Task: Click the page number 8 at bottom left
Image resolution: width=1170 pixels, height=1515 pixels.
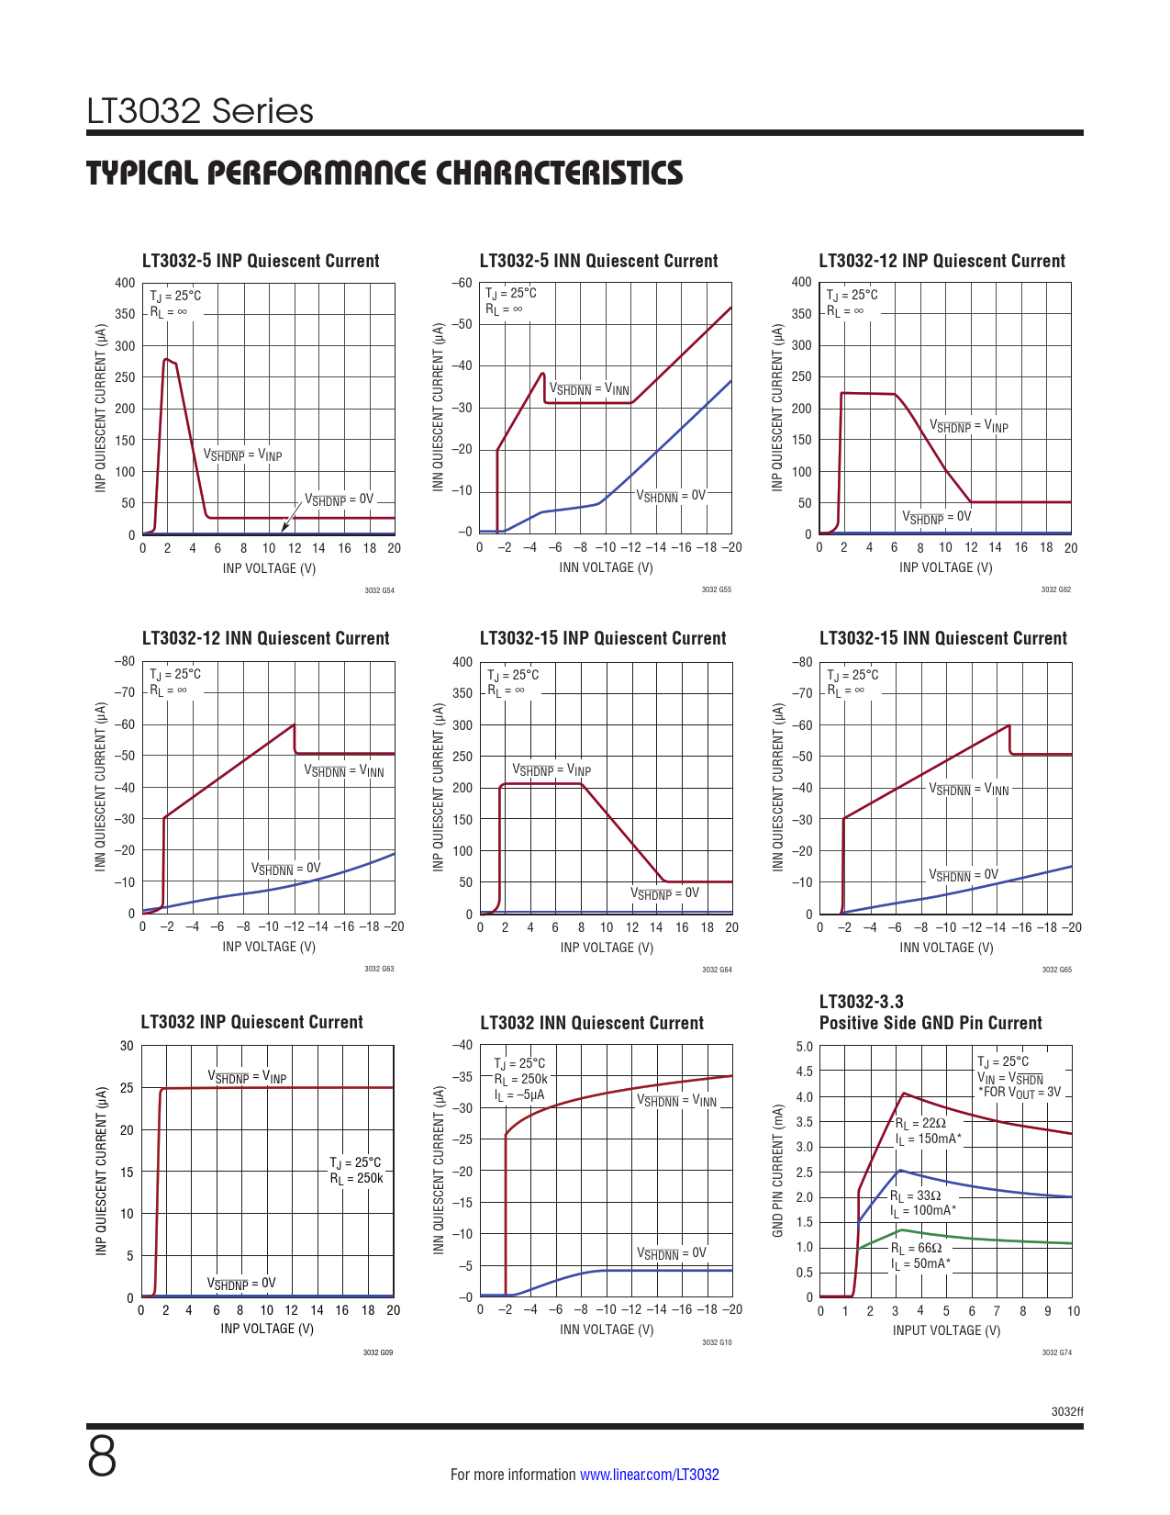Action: coord(102,1457)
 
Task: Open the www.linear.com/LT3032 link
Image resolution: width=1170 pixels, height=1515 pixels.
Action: coord(649,1475)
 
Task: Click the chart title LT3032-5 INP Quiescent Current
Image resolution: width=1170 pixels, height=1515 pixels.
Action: coord(261,261)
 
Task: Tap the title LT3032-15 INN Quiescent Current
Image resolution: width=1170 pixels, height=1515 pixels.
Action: coord(942,638)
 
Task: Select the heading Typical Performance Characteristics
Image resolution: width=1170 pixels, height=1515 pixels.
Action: coord(384,173)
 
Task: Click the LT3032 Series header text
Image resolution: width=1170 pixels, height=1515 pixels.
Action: coord(200,111)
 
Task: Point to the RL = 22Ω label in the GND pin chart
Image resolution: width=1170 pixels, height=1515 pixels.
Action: coord(920,1123)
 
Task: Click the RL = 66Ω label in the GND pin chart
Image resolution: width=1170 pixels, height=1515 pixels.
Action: coord(917,1248)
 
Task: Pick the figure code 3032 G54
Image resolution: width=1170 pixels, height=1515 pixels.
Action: coord(379,590)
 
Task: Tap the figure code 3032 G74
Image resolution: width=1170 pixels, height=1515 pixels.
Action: coord(1056,1352)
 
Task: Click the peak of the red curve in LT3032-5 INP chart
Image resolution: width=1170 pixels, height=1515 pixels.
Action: coord(165,359)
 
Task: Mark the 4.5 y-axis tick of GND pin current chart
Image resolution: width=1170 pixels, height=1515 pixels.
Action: coord(804,1072)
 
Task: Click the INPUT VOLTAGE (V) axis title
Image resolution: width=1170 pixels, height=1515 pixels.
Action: coord(946,1330)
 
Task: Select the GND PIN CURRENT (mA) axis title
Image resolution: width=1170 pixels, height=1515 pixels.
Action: coord(778,1171)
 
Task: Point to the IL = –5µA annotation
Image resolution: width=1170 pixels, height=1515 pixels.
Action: coord(519,1094)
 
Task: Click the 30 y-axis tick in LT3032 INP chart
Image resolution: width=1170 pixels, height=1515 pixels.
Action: coord(127,1046)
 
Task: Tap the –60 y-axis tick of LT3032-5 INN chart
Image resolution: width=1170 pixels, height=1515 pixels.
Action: coord(462,283)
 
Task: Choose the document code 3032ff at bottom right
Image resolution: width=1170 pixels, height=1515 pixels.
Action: coord(1067,1411)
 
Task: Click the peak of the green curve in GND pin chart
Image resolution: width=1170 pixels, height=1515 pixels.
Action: coord(901,1229)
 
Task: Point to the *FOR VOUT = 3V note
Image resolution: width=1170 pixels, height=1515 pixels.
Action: coord(1019,1093)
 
